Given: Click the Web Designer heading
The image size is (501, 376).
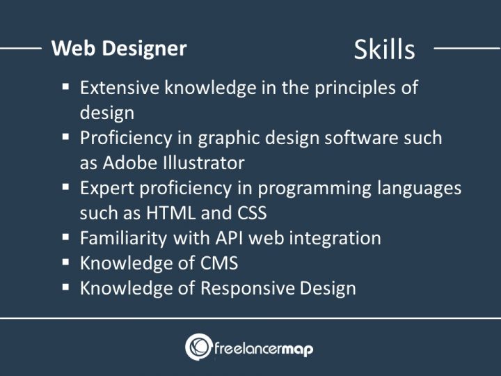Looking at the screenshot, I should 119,48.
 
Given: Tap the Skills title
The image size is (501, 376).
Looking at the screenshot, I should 384,49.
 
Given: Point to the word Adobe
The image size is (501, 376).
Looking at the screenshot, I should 131,162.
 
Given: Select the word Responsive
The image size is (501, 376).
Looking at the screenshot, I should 241,288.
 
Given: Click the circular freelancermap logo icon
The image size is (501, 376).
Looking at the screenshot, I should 198,347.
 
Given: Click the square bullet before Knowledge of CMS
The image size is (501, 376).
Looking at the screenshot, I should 65,263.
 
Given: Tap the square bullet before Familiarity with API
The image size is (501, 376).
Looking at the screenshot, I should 65,237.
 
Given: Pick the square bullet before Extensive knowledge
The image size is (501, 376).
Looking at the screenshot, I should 65,88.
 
